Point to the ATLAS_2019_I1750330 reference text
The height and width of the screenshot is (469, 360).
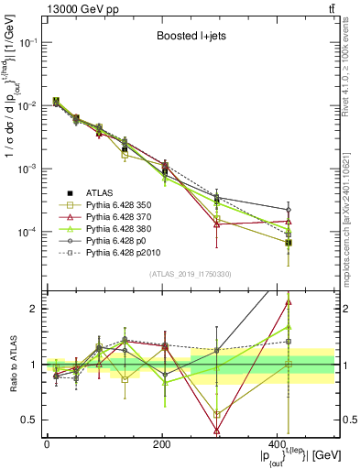[189, 274]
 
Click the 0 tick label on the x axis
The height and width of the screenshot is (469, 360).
[47, 444]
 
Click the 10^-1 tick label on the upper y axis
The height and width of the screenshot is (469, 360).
[29, 43]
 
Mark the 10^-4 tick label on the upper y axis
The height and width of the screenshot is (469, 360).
[29, 233]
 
